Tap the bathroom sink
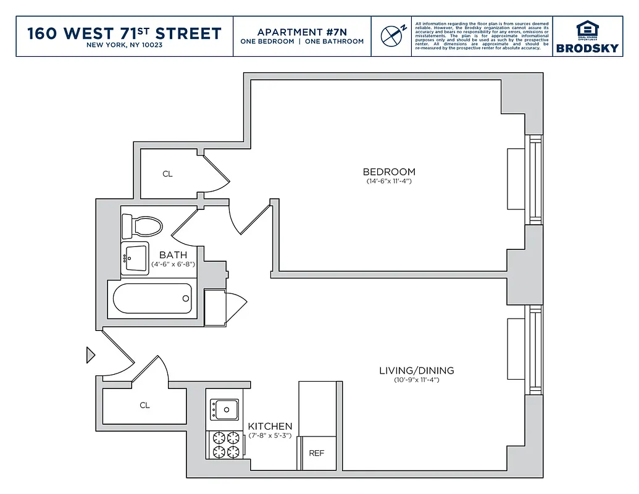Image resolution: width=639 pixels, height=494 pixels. point(135,259)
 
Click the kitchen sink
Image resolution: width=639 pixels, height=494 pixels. point(225,408)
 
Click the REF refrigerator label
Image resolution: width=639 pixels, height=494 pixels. point(316,453)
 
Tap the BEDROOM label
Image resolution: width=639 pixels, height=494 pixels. point(389,172)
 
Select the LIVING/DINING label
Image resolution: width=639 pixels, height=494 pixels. point(416,371)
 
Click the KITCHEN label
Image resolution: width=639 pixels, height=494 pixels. point(270,426)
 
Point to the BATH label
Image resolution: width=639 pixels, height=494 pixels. point(173,254)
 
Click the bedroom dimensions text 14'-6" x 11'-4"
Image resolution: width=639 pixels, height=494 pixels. point(389,182)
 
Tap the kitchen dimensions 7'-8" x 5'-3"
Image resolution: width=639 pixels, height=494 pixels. point(270,436)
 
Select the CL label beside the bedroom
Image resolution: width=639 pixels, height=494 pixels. point(167,174)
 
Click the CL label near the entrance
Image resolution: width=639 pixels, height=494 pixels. point(144,406)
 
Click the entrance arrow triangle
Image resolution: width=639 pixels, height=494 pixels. point(90,355)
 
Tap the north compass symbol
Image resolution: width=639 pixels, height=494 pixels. point(391,36)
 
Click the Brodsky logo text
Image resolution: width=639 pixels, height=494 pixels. point(587,48)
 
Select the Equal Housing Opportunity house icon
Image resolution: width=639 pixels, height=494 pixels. point(587,29)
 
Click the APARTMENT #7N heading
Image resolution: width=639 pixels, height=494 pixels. point(302,32)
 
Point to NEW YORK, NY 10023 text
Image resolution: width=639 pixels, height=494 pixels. point(124,45)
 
